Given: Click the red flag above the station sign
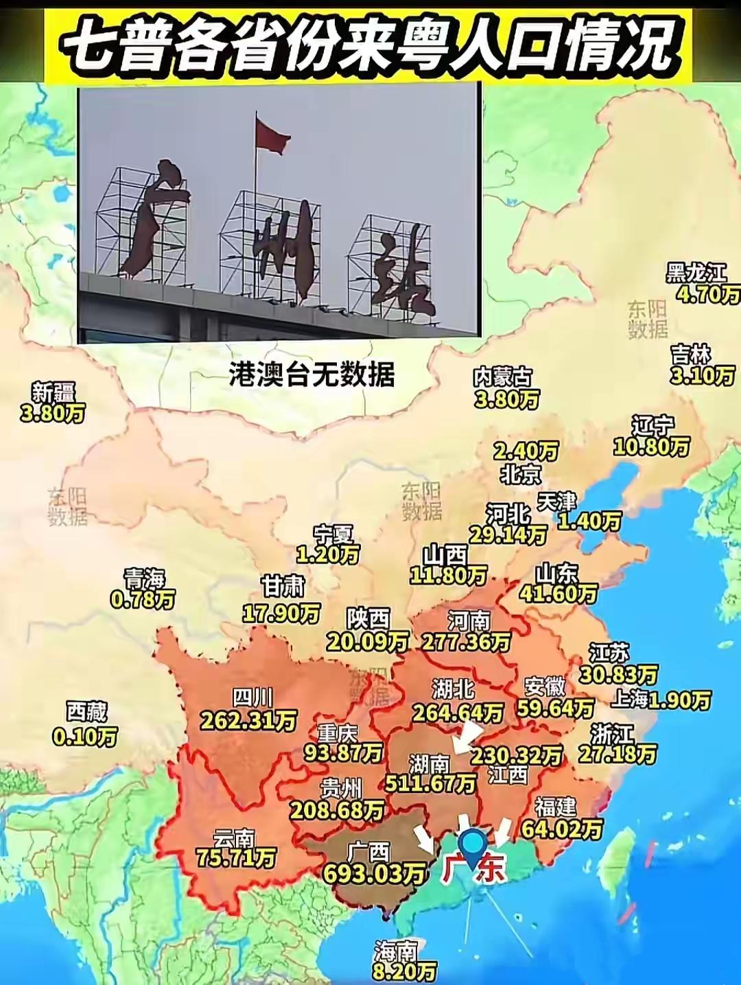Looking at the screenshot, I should click(272, 134).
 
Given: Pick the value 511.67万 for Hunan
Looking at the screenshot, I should click(430, 783).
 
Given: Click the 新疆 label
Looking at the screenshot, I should click(54, 393).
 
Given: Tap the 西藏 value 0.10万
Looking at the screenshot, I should click(85, 737).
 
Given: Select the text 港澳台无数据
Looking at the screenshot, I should click(311, 375).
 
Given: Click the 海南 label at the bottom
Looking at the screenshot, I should click(395, 951).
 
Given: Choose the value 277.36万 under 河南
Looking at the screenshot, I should click(466, 642).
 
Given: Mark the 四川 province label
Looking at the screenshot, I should click(252, 698).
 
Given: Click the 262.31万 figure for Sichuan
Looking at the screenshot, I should click(248, 720).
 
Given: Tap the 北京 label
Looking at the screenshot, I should click(521, 474).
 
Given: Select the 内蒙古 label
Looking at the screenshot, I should click(502, 377).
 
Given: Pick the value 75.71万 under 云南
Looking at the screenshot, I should click(235, 857).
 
